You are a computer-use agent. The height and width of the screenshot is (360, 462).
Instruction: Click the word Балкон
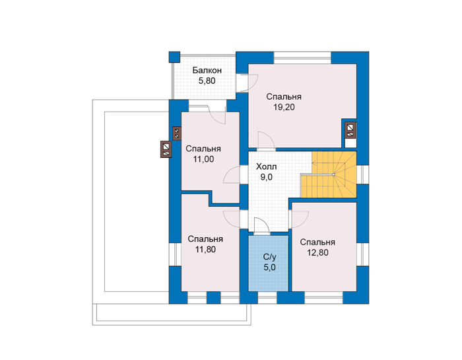pos(207,71)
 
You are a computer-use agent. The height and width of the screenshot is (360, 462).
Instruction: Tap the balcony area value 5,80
pos(207,81)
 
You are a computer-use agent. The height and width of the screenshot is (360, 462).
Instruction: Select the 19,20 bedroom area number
pos(284,107)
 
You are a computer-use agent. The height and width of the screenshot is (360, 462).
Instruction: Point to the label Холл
pos(266,167)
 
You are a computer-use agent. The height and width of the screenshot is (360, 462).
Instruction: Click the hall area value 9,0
pos(266,177)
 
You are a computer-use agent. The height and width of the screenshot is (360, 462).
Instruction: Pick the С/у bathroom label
pos(269,258)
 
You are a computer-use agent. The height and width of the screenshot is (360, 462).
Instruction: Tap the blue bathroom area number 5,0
pos(269,268)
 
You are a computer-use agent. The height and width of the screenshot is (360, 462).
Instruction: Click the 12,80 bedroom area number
pos(317,253)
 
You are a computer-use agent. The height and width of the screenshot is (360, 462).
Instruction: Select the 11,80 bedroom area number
pos(205,250)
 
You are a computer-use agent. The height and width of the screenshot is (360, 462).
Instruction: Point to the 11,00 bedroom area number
pos(203,159)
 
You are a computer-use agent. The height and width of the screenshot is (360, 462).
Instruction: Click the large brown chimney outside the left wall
pos(166,149)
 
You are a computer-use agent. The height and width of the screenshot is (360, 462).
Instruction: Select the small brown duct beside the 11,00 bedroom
pos(177,133)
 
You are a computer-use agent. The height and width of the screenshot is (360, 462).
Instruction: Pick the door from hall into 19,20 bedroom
pos(266,141)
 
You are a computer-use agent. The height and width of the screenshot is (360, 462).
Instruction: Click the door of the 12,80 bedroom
pos(300,220)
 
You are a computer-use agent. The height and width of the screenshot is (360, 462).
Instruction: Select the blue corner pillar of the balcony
pos(174,57)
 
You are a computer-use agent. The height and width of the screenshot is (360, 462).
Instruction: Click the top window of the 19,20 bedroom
pos(302,57)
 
